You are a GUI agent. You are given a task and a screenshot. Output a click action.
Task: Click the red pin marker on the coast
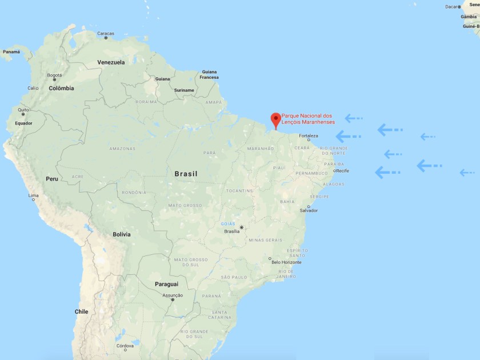pos(275,119)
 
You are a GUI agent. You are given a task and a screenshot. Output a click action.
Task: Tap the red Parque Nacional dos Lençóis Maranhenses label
pos(312,119)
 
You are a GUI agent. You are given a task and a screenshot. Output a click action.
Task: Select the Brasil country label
pos(186,174)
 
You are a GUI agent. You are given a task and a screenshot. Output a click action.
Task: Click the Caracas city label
pos(106,33)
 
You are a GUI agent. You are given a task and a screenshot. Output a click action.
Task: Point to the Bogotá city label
pos(54,75)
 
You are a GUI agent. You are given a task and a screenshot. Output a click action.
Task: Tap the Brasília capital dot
pos(241,227)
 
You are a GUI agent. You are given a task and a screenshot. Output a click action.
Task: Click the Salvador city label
pos(309,210)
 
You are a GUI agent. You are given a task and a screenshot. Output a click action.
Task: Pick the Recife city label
pos(342,171)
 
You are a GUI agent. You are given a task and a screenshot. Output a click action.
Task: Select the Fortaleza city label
pos(307,136)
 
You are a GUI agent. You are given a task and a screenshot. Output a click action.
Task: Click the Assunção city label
pos(173,295)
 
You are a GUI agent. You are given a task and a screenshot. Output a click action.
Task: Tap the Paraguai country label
pos(166,284)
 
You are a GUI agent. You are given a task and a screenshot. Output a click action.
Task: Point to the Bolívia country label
pos(122,234)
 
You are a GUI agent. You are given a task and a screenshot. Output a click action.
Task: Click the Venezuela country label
pos(111,62)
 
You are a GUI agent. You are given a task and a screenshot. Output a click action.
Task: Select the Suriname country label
pos(184,90)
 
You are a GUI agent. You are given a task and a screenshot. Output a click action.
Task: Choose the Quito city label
pos(23,110)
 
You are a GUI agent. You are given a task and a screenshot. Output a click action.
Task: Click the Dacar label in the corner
pos(452,7)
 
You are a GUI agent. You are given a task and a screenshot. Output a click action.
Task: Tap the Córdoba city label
pos(125,346)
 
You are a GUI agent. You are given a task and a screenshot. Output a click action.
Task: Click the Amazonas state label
pos(122,149)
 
